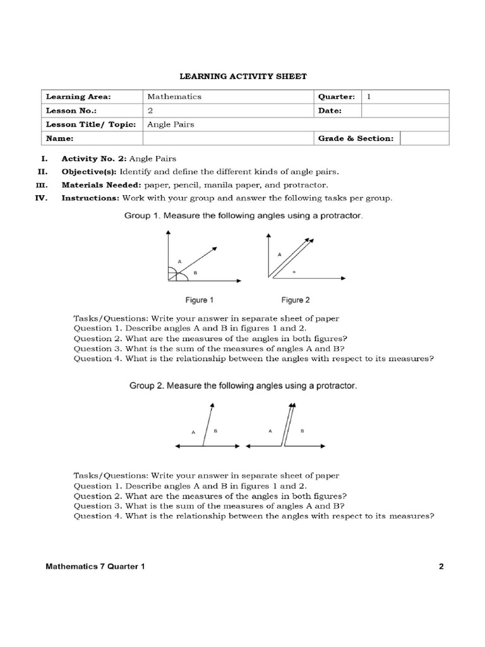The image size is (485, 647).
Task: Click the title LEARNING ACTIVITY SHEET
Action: pyautogui.click(x=243, y=76)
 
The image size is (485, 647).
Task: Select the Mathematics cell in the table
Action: pyautogui.click(x=174, y=97)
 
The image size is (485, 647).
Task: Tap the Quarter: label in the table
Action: pyautogui.click(x=336, y=97)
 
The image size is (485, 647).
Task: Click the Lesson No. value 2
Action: pyautogui.click(x=150, y=111)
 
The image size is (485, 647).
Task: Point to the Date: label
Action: pyautogui.click(x=330, y=111)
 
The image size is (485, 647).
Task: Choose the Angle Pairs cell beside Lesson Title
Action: pyautogui.click(x=171, y=124)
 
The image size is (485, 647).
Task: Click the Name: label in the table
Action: pyautogui.click(x=59, y=138)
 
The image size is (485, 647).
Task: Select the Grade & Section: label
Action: pyautogui.click(x=356, y=138)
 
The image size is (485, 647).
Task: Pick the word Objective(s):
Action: pyautogui.click(x=89, y=172)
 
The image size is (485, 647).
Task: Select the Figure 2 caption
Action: pyautogui.click(x=296, y=300)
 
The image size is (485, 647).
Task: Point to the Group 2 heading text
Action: pyautogui.click(x=244, y=386)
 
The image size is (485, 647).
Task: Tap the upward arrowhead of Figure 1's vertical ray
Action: pyautogui.click(x=168, y=233)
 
